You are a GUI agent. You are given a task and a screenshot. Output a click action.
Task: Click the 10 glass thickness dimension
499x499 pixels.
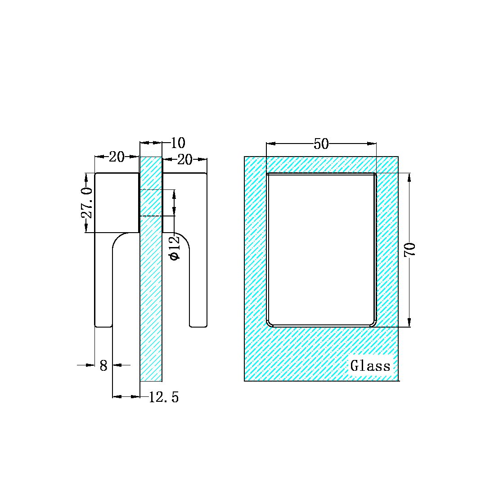coord(178,143)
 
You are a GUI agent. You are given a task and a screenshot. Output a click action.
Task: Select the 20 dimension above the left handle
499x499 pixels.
coord(117,157)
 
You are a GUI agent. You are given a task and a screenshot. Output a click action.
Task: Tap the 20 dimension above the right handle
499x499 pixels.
coord(184,159)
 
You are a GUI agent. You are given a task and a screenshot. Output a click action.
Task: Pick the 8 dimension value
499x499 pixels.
coord(103,366)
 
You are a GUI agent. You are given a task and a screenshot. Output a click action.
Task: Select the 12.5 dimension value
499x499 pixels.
coord(164,397)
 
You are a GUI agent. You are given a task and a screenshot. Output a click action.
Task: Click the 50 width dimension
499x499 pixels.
coord(321,144)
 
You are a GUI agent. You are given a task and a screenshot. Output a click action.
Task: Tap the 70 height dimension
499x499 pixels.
coord(410,250)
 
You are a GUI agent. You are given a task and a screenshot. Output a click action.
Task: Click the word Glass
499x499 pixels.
coord(370,366)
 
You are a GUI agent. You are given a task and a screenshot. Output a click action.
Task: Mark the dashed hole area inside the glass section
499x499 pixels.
coord(151,203)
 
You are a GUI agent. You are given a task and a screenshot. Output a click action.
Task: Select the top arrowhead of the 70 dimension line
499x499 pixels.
coord(409,177)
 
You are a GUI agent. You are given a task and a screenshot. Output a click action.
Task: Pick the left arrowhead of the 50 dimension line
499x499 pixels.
coord(270,144)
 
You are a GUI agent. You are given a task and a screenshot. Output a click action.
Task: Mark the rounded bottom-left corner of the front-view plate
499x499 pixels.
coord(270,323)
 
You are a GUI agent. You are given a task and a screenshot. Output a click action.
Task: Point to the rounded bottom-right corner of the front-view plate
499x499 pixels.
coord(373,323)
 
